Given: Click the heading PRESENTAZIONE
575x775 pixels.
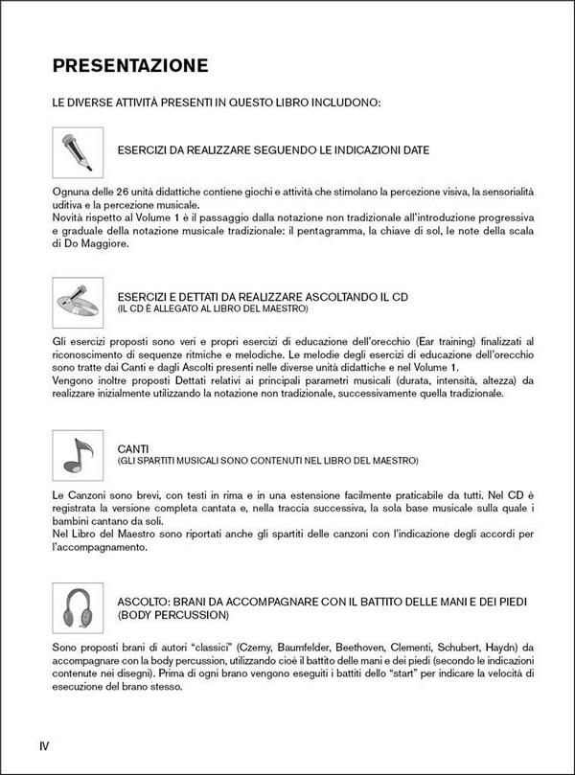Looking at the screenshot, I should tap(129, 66).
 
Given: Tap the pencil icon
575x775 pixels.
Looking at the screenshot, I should tap(78, 151).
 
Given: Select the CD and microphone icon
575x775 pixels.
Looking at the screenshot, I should tap(78, 303).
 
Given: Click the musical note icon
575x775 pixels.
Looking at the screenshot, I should tap(78, 454).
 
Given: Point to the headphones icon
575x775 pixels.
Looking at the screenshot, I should tap(78, 605).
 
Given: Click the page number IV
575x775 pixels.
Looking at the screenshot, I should tap(44, 745).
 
